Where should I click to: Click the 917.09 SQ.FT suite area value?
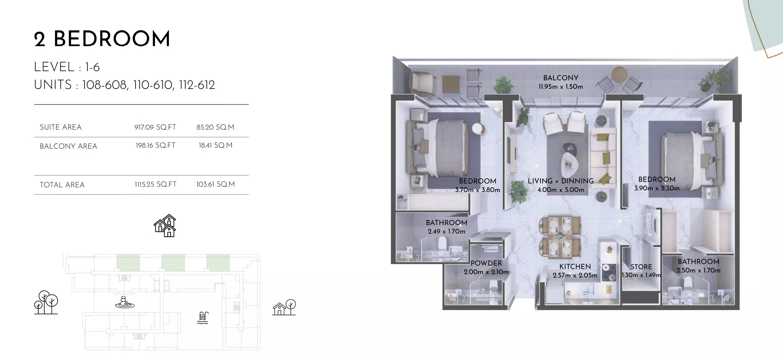click(x=155, y=127)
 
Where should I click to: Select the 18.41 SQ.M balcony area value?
click(x=215, y=145)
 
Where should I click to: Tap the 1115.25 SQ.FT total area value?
click(x=156, y=184)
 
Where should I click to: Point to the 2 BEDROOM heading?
click(x=102, y=39)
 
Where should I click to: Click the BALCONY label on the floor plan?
click(x=561, y=78)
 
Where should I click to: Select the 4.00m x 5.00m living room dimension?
click(x=561, y=190)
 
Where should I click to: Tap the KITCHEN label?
click(x=575, y=267)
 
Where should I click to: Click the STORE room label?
click(x=641, y=267)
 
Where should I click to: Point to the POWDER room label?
click(x=486, y=263)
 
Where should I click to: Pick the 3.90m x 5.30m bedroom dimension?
click(x=656, y=188)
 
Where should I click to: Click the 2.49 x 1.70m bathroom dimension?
click(x=447, y=231)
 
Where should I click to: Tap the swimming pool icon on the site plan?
click(x=203, y=318)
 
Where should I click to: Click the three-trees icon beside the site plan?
click(x=46, y=302)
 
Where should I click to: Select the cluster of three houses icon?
click(x=165, y=225)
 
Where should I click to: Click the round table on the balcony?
click(x=619, y=74)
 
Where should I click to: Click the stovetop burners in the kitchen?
click(x=609, y=272)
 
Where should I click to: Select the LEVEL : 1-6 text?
click(x=67, y=67)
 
